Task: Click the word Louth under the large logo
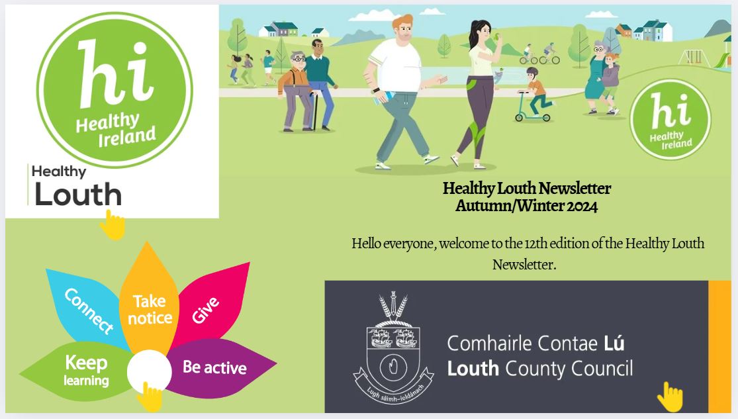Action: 78,195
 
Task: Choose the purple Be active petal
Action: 215,368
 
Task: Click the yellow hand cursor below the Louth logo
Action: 113,225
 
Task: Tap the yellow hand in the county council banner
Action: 670,396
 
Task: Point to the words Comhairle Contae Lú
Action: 535,344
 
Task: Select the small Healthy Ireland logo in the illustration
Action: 670,123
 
